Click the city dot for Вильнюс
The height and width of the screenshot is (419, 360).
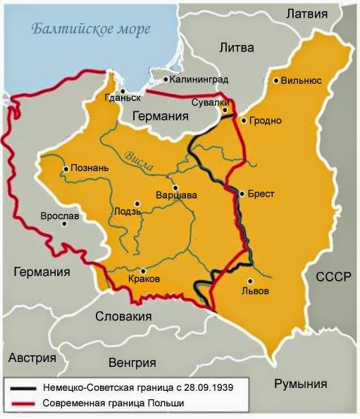(x=276, y=80)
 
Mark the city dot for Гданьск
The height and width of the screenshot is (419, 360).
(x=123, y=91)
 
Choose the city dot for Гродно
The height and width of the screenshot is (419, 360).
(x=244, y=120)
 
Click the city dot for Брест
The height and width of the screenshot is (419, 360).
(x=242, y=194)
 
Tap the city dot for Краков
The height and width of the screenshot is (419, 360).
(x=143, y=270)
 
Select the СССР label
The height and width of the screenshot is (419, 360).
(x=333, y=277)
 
